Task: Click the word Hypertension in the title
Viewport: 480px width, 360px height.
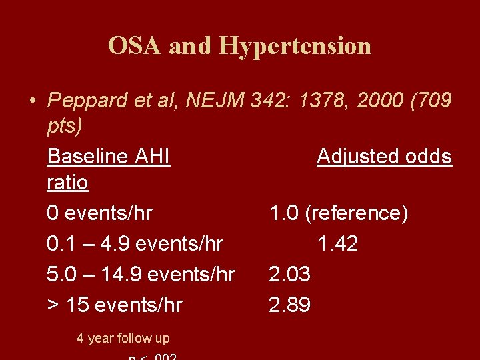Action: [295, 45]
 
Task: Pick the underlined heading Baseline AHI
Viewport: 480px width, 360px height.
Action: [109, 157]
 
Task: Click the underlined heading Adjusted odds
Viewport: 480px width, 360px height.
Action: [384, 157]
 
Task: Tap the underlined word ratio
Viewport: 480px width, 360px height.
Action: [67, 182]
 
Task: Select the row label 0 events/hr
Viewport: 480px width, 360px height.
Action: [100, 213]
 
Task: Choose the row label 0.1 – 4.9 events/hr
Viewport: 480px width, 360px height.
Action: [135, 244]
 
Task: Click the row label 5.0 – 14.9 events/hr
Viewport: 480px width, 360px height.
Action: [141, 275]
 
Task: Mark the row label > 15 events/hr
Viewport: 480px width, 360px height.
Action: [115, 305]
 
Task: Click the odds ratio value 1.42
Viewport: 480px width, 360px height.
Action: [337, 244]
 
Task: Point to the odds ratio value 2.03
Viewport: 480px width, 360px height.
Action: [290, 275]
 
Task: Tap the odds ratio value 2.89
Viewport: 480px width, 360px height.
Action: [290, 305]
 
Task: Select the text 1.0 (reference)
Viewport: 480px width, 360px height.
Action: [339, 213]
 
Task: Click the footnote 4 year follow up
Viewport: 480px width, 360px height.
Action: [123, 338]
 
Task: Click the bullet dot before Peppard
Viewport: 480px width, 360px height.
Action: [32, 101]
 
